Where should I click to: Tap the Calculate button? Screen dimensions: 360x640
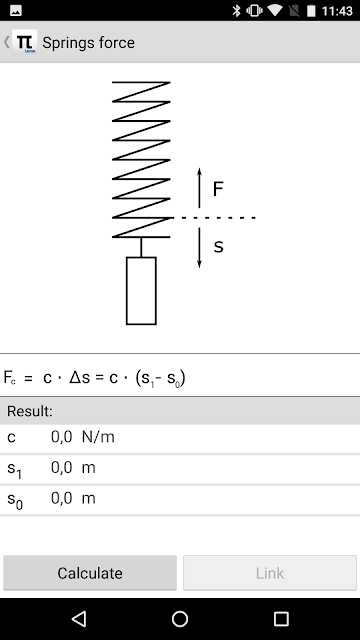[x=90, y=573]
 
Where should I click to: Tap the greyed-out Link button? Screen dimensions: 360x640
[x=270, y=573]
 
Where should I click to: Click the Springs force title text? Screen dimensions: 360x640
[x=89, y=42]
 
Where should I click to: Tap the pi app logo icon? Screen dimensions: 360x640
[x=24, y=42]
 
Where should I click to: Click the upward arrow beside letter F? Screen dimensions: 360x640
[x=199, y=188]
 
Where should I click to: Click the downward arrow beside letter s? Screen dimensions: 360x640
[x=199, y=247]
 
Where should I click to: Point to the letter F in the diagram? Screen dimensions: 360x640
[x=218, y=189]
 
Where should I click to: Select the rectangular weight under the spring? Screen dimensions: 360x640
[x=141, y=291]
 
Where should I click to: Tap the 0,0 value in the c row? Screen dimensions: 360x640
[x=62, y=437]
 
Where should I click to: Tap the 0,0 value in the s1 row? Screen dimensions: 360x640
[x=62, y=467]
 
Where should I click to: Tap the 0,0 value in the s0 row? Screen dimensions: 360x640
[x=62, y=498]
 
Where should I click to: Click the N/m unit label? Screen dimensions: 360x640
[x=98, y=437]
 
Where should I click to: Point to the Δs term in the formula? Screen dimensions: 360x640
[x=80, y=378]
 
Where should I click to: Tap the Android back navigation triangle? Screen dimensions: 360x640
[x=79, y=619]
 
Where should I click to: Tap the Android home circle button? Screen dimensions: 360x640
[x=180, y=619]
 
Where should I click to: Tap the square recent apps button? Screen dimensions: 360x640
[x=281, y=619]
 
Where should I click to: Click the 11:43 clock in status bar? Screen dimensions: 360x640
[x=337, y=11]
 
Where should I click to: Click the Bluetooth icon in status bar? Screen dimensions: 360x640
[x=236, y=11]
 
